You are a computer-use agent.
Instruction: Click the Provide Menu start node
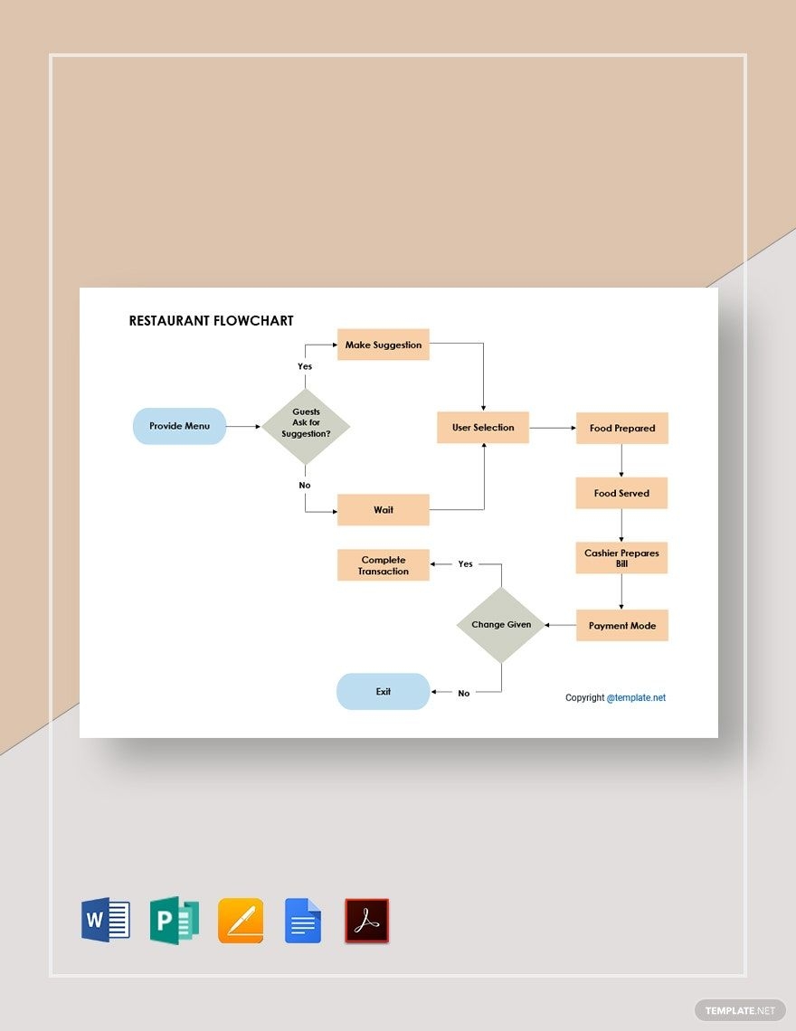[x=179, y=426]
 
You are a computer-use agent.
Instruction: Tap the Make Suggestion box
[x=384, y=345]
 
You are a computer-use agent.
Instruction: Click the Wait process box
[x=384, y=510]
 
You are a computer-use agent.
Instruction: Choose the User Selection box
[x=483, y=428]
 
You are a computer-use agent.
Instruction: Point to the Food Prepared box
[x=622, y=429]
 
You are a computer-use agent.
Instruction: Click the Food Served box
[x=622, y=494]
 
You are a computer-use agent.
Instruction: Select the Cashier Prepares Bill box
[x=622, y=558]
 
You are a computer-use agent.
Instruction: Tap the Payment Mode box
[x=622, y=626]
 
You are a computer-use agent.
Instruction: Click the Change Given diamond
[x=501, y=625]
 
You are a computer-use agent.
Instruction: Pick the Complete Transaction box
[x=384, y=565]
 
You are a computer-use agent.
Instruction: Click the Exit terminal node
[x=384, y=692]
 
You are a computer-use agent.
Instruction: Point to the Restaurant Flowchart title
[x=211, y=320]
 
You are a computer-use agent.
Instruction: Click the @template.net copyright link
[x=636, y=698]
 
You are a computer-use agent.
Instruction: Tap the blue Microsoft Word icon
[x=106, y=921]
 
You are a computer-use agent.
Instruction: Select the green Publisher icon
[x=175, y=921]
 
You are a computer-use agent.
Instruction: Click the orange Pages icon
[x=241, y=921]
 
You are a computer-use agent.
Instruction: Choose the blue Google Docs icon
[x=303, y=921]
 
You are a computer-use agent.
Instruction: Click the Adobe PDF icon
[x=366, y=921]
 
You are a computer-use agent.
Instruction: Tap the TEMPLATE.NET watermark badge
[x=740, y=1010]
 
